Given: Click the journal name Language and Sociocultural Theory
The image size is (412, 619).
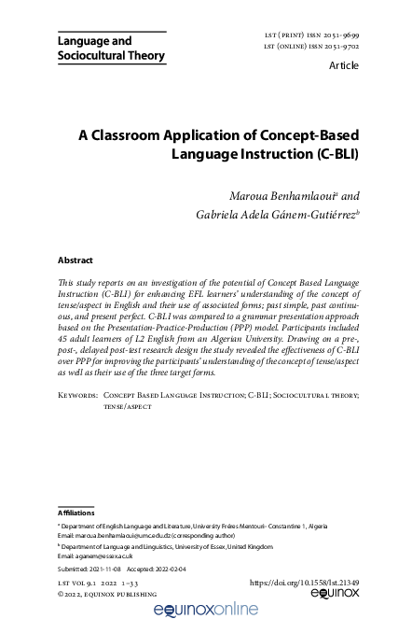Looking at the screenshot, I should [x=111, y=49].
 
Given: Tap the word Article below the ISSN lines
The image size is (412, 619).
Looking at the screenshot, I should [x=344, y=68].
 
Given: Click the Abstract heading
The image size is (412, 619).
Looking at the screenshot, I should [x=76, y=260].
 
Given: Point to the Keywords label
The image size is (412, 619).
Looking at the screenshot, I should [x=77, y=421].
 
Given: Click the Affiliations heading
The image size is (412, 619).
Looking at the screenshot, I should [x=76, y=512].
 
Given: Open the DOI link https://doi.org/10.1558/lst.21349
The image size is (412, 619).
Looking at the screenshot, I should [x=305, y=582].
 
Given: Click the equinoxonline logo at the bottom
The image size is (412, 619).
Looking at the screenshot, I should [x=206, y=607].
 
